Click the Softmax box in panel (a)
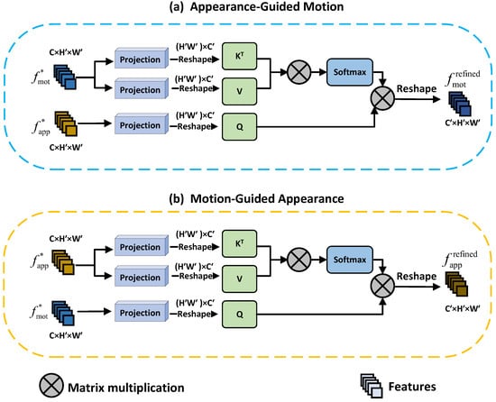click(x=350, y=72)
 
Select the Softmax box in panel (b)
click(x=350, y=260)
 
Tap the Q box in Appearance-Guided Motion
click(x=240, y=127)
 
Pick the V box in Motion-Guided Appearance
click(x=240, y=279)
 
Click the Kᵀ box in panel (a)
click(x=240, y=56)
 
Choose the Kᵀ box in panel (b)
click(x=240, y=243)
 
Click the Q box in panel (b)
click(x=240, y=315)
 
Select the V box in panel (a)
click(x=240, y=91)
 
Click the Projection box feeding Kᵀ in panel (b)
click(x=142, y=246)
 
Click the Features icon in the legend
click(x=372, y=386)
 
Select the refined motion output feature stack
click(x=460, y=104)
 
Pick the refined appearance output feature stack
click(x=456, y=284)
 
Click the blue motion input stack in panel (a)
click(x=65, y=77)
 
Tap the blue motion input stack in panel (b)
click(x=63, y=313)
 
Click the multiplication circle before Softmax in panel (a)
click(x=299, y=72)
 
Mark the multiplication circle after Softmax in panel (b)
click(x=382, y=287)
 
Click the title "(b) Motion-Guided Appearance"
click(x=256, y=199)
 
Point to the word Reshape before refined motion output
click(x=417, y=89)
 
